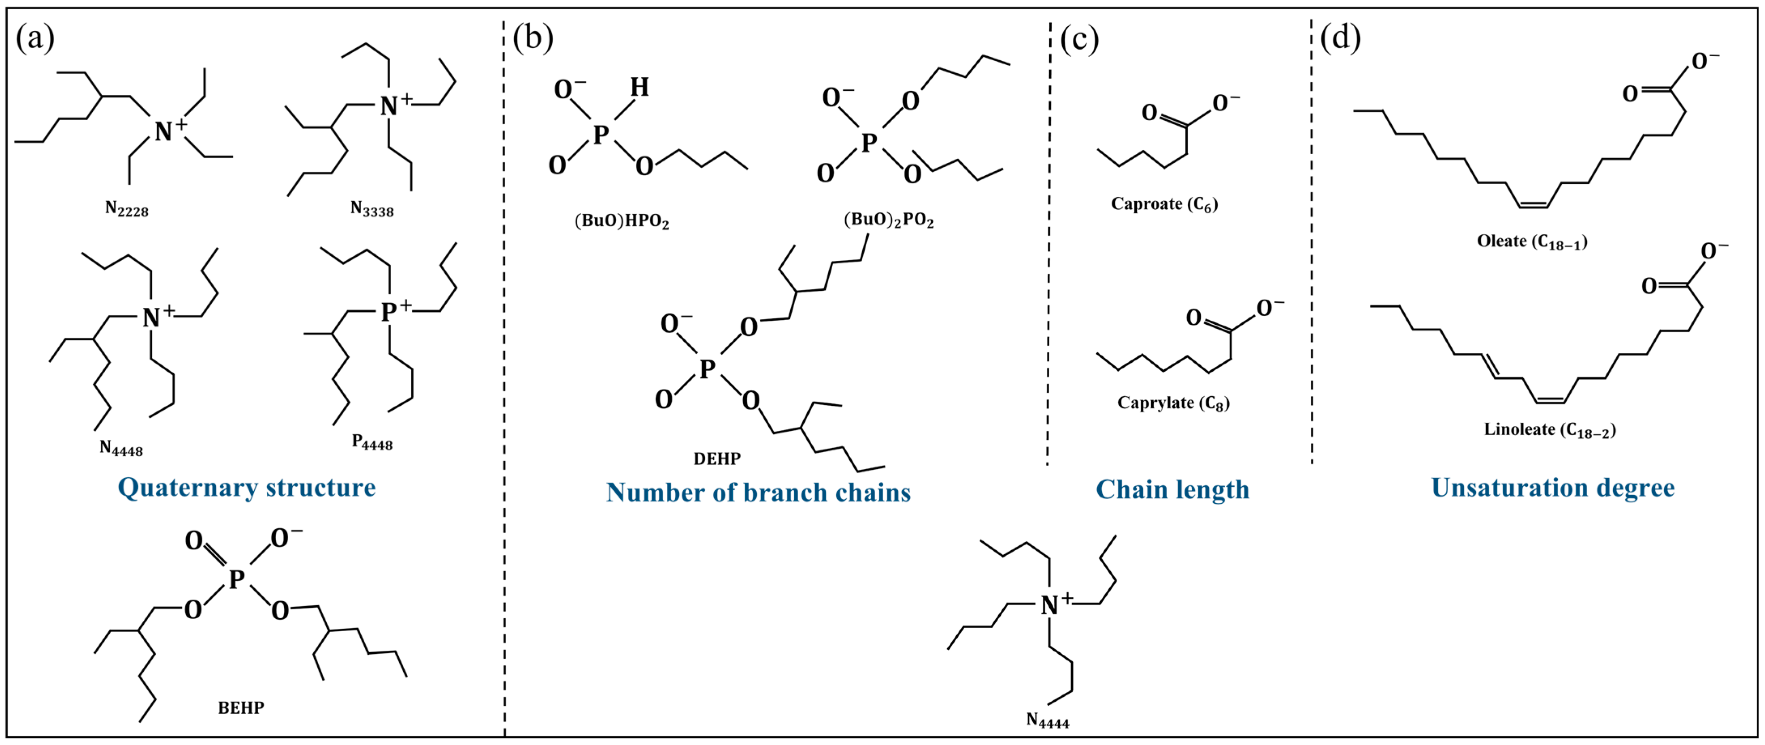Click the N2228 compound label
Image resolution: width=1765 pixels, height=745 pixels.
pyautogui.click(x=127, y=210)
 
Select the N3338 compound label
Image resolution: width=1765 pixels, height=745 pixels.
pyautogui.click(x=372, y=210)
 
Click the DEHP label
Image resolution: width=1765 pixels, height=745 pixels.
pyautogui.click(x=717, y=458)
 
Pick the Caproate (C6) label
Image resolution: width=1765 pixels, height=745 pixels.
pyautogui.click(x=1164, y=204)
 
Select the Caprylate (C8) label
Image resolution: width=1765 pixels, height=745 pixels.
pyautogui.click(x=1173, y=402)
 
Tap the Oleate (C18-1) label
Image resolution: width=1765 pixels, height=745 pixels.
pyautogui.click(x=1532, y=241)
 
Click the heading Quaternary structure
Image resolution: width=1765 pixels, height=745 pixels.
pyautogui.click(x=247, y=487)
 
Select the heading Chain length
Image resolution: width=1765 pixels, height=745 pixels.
pyautogui.click(x=1172, y=490)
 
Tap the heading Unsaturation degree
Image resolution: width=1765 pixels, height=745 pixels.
pyautogui.click(x=1552, y=487)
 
